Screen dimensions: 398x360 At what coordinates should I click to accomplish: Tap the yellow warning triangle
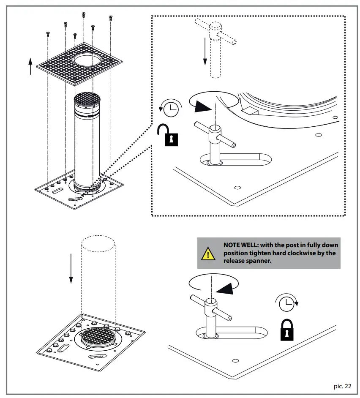[x=207, y=254]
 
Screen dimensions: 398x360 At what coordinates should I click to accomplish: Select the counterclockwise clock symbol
[x=170, y=109]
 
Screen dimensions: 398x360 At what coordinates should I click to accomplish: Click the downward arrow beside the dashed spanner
[x=205, y=51]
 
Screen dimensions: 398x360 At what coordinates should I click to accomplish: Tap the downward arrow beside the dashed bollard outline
[x=71, y=268]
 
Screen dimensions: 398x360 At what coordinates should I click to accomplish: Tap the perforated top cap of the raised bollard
[x=87, y=100]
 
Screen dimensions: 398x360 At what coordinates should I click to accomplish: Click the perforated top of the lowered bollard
[x=98, y=337]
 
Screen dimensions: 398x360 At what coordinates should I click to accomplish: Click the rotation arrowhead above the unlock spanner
[x=202, y=106]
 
